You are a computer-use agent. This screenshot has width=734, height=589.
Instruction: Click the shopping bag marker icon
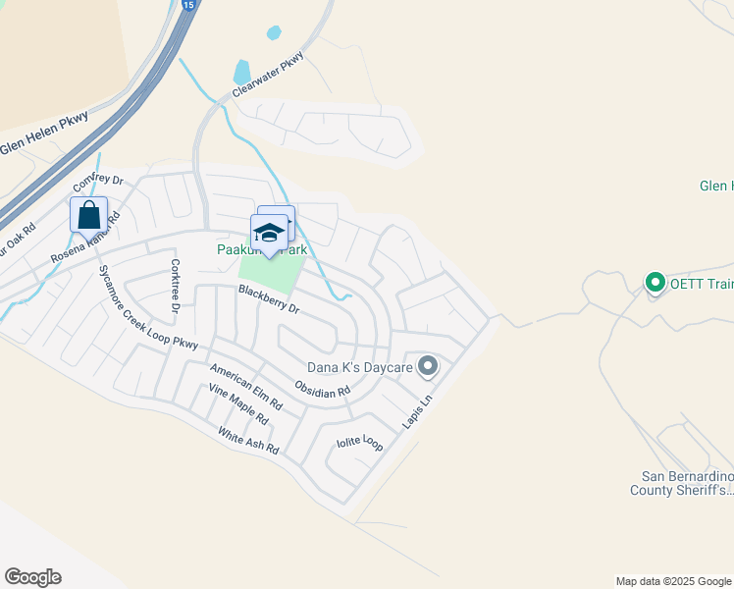[x=88, y=215]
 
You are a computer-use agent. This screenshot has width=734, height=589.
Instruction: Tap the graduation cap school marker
[x=269, y=233]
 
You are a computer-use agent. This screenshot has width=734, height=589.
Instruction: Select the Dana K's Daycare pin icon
[x=427, y=367]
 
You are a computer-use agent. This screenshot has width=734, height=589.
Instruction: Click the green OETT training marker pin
[x=655, y=284]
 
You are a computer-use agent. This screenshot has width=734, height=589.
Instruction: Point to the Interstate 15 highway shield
[x=187, y=5]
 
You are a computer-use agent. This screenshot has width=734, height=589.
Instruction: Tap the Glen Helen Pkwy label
[x=45, y=138]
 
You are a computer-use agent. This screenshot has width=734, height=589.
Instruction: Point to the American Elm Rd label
[x=246, y=384]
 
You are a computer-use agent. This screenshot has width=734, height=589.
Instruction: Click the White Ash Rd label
[x=248, y=442]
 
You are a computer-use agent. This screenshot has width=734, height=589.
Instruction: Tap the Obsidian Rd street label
[x=322, y=386]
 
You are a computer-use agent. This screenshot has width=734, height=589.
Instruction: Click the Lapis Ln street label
[x=416, y=411]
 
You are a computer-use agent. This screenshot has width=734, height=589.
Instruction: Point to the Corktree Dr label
[x=176, y=284]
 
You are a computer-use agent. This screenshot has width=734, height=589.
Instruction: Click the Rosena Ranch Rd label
[x=84, y=241]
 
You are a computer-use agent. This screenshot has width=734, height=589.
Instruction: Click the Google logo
[x=32, y=577]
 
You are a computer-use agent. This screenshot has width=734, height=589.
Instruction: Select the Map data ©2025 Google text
[x=673, y=581]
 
